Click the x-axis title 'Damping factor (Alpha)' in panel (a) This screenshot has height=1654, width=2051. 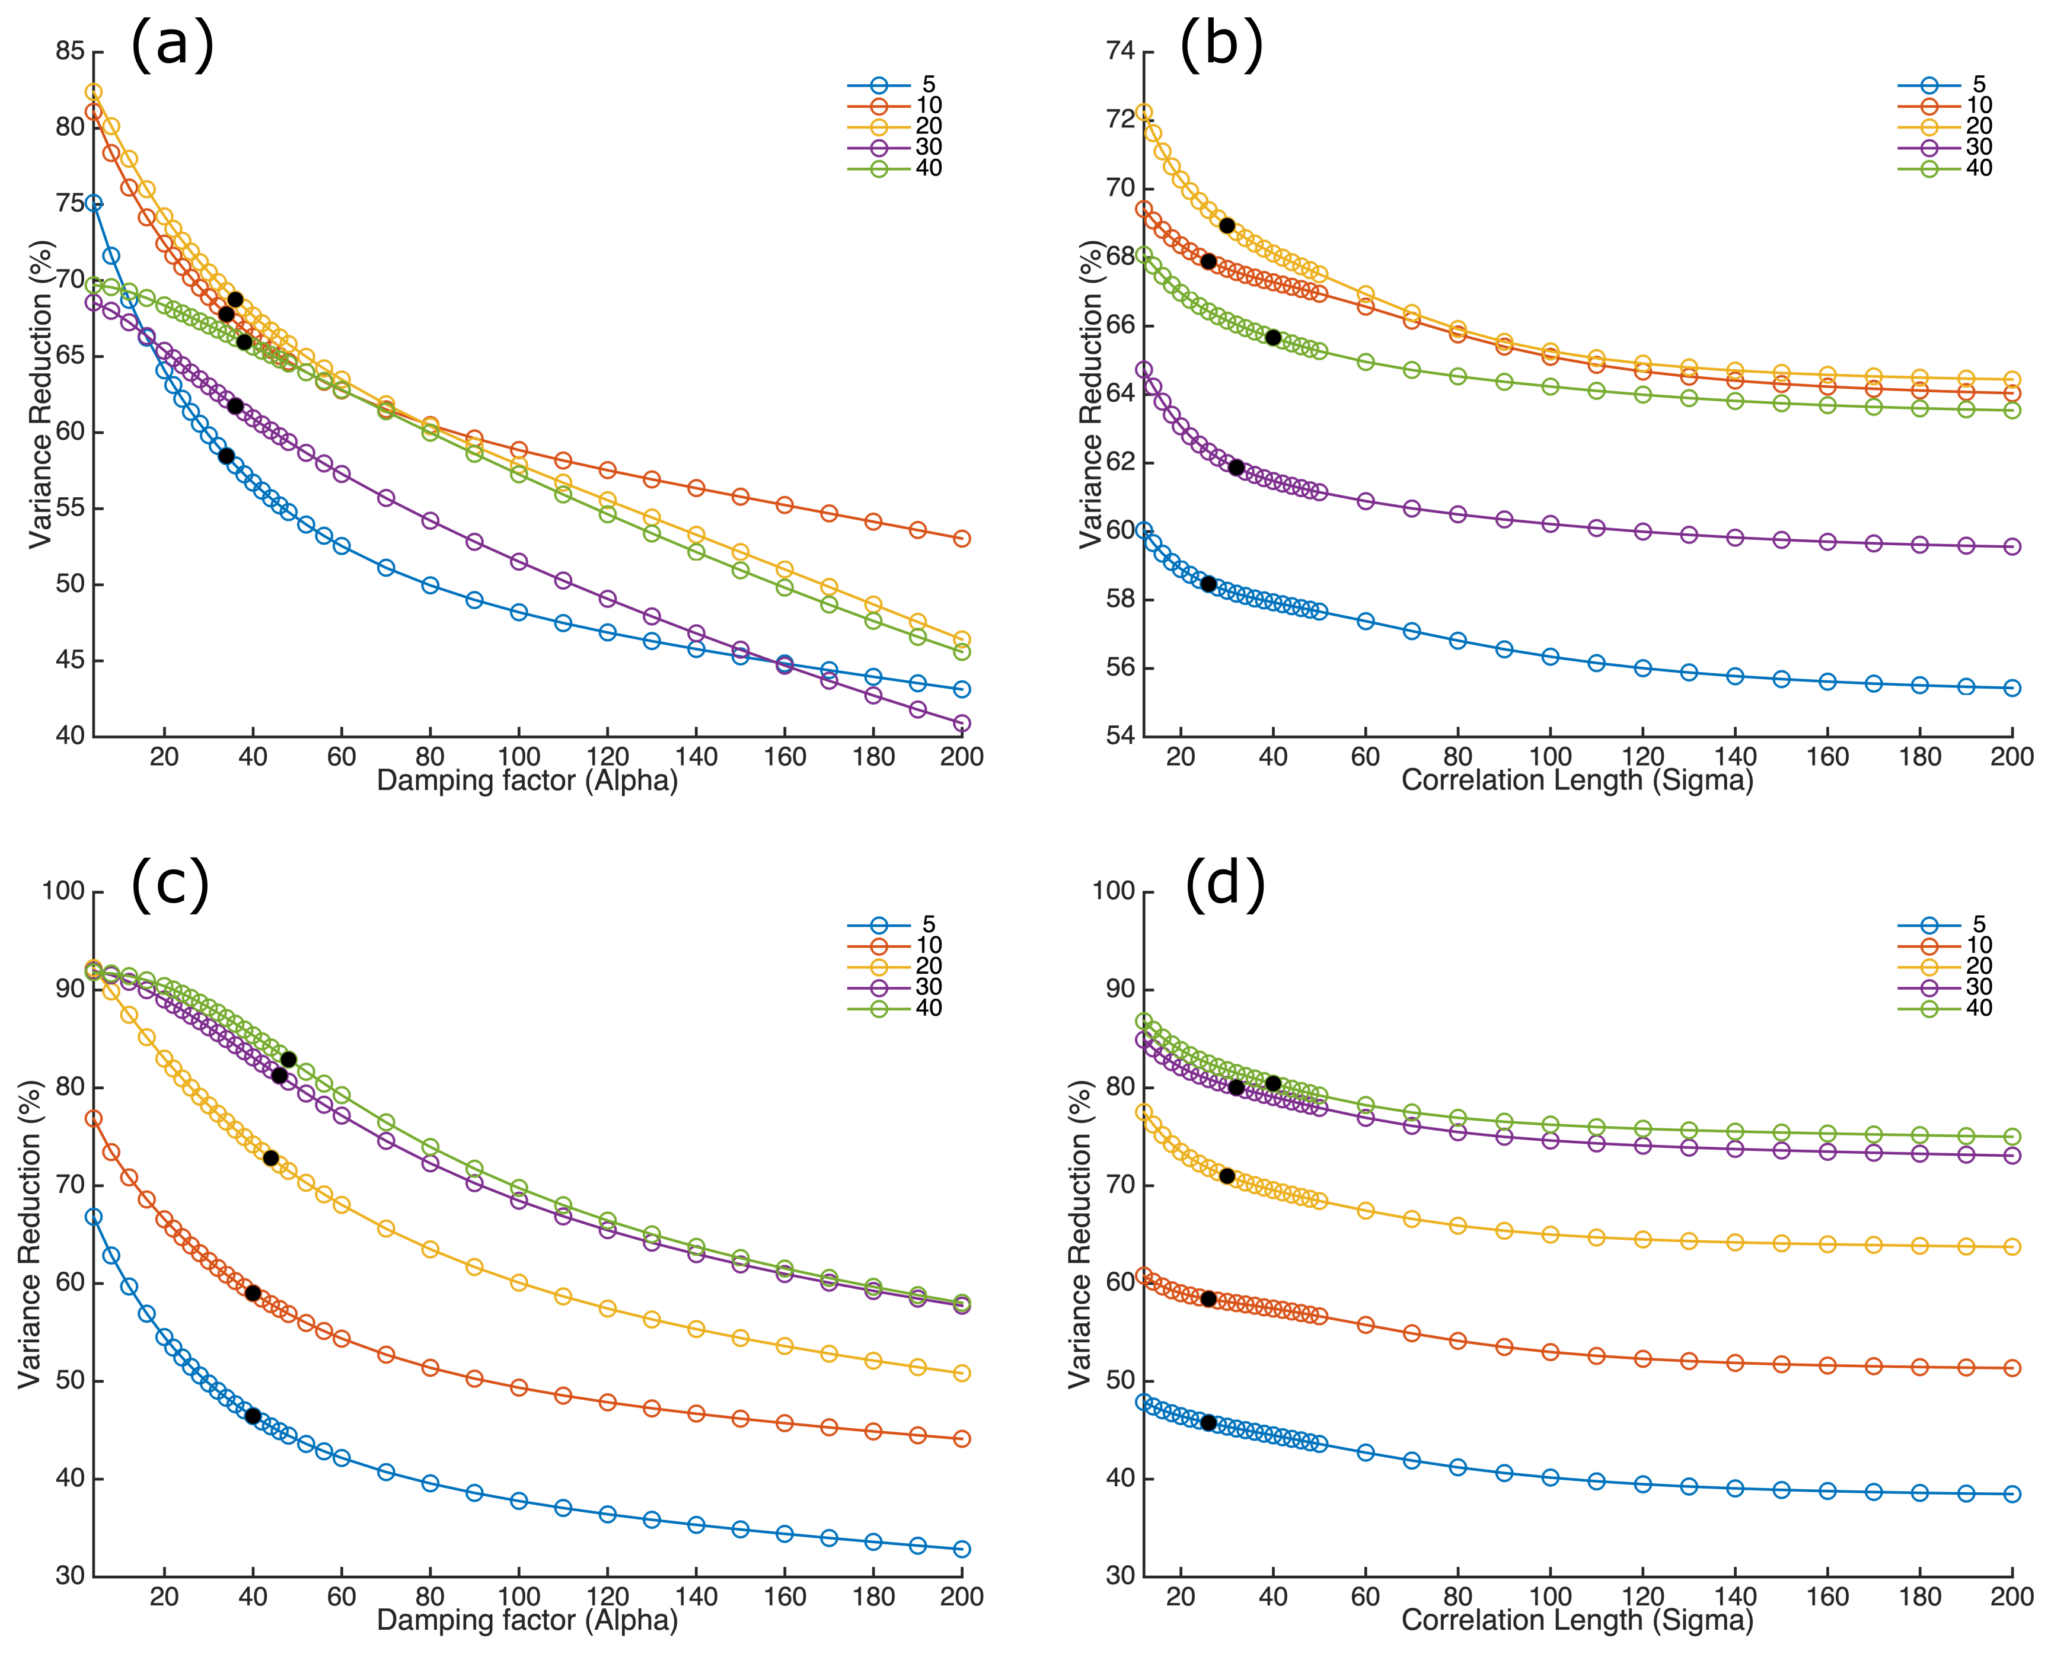point(527,781)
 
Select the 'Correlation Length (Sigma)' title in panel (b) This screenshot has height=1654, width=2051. point(1577,781)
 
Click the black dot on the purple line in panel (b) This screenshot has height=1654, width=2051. point(1236,468)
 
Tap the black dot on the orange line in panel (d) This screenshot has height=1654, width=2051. point(1208,1298)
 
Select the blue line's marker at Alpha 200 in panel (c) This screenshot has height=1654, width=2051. point(962,1549)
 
